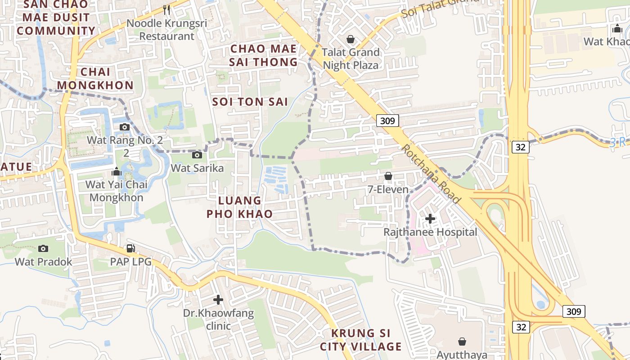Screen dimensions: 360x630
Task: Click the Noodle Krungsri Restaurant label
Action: pyautogui.click(x=166, y=29)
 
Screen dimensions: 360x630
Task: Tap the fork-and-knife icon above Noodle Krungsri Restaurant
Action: pyautogui.click(x=167, y=9)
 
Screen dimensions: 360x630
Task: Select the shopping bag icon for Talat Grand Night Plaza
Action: pyautogui.click(x=351, y=39)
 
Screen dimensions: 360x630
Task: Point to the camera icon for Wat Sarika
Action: pyautogui.click(x=197, y=155)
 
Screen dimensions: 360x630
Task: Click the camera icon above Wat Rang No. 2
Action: pyautogui.click(x=125, y=127)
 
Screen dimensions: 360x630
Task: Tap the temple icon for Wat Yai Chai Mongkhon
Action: pyautogui.click(x=117, y=171)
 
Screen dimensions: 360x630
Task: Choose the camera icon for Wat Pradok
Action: pyautogui.click(x=43, y=248)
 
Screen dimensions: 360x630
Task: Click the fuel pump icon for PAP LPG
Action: pyautogui.click(x=131, y=248)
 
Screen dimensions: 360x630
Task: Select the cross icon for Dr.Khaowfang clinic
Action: pyautogui.click(x=218, y=300)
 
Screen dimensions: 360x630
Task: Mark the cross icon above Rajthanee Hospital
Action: pyautogui.click(x=430, y=219)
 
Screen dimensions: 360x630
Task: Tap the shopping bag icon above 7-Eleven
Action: pyautogui.click(x=388, y=176)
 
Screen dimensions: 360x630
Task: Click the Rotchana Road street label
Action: pyautogui.click(x=431, y=173)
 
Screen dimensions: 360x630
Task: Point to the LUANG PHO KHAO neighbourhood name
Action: pyautogui.click(x=240, y=207)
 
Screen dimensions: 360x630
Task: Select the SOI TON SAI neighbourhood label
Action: pyautogui.click(x=250, y=102)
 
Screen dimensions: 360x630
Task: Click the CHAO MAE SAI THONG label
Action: pyautogui.click(x=264, y=55)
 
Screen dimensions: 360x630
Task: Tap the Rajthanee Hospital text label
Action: pyautogui.click(x=430, y=232)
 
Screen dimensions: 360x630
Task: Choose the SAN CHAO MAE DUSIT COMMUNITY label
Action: pyautogui.click(x=56, y=18)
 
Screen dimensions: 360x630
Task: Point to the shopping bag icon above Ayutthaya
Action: pyautogui.click(x=462, y=342)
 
